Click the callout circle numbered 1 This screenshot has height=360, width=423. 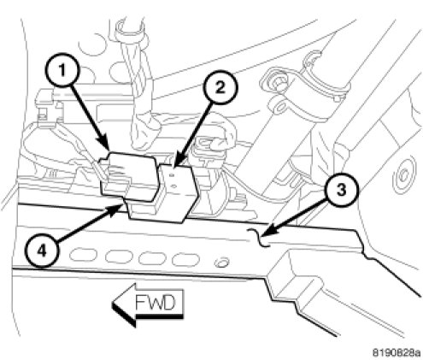62,71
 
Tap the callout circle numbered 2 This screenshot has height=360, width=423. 220,88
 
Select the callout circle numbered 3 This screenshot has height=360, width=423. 341,190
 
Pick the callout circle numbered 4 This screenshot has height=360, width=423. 42,251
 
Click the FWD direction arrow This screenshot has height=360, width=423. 148,304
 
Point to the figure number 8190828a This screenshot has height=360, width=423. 397,352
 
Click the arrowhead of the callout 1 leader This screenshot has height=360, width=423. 105,145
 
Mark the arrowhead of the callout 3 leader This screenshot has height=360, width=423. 268,232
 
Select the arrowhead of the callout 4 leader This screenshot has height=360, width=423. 118,209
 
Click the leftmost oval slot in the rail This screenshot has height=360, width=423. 84,255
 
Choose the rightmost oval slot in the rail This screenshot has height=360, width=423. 185,259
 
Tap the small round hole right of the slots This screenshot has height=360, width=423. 221,263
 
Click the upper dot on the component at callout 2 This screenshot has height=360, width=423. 172,176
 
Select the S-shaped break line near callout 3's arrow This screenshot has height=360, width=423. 261,238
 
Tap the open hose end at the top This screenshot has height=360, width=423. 130,28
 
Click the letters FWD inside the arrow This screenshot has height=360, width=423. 155,303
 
